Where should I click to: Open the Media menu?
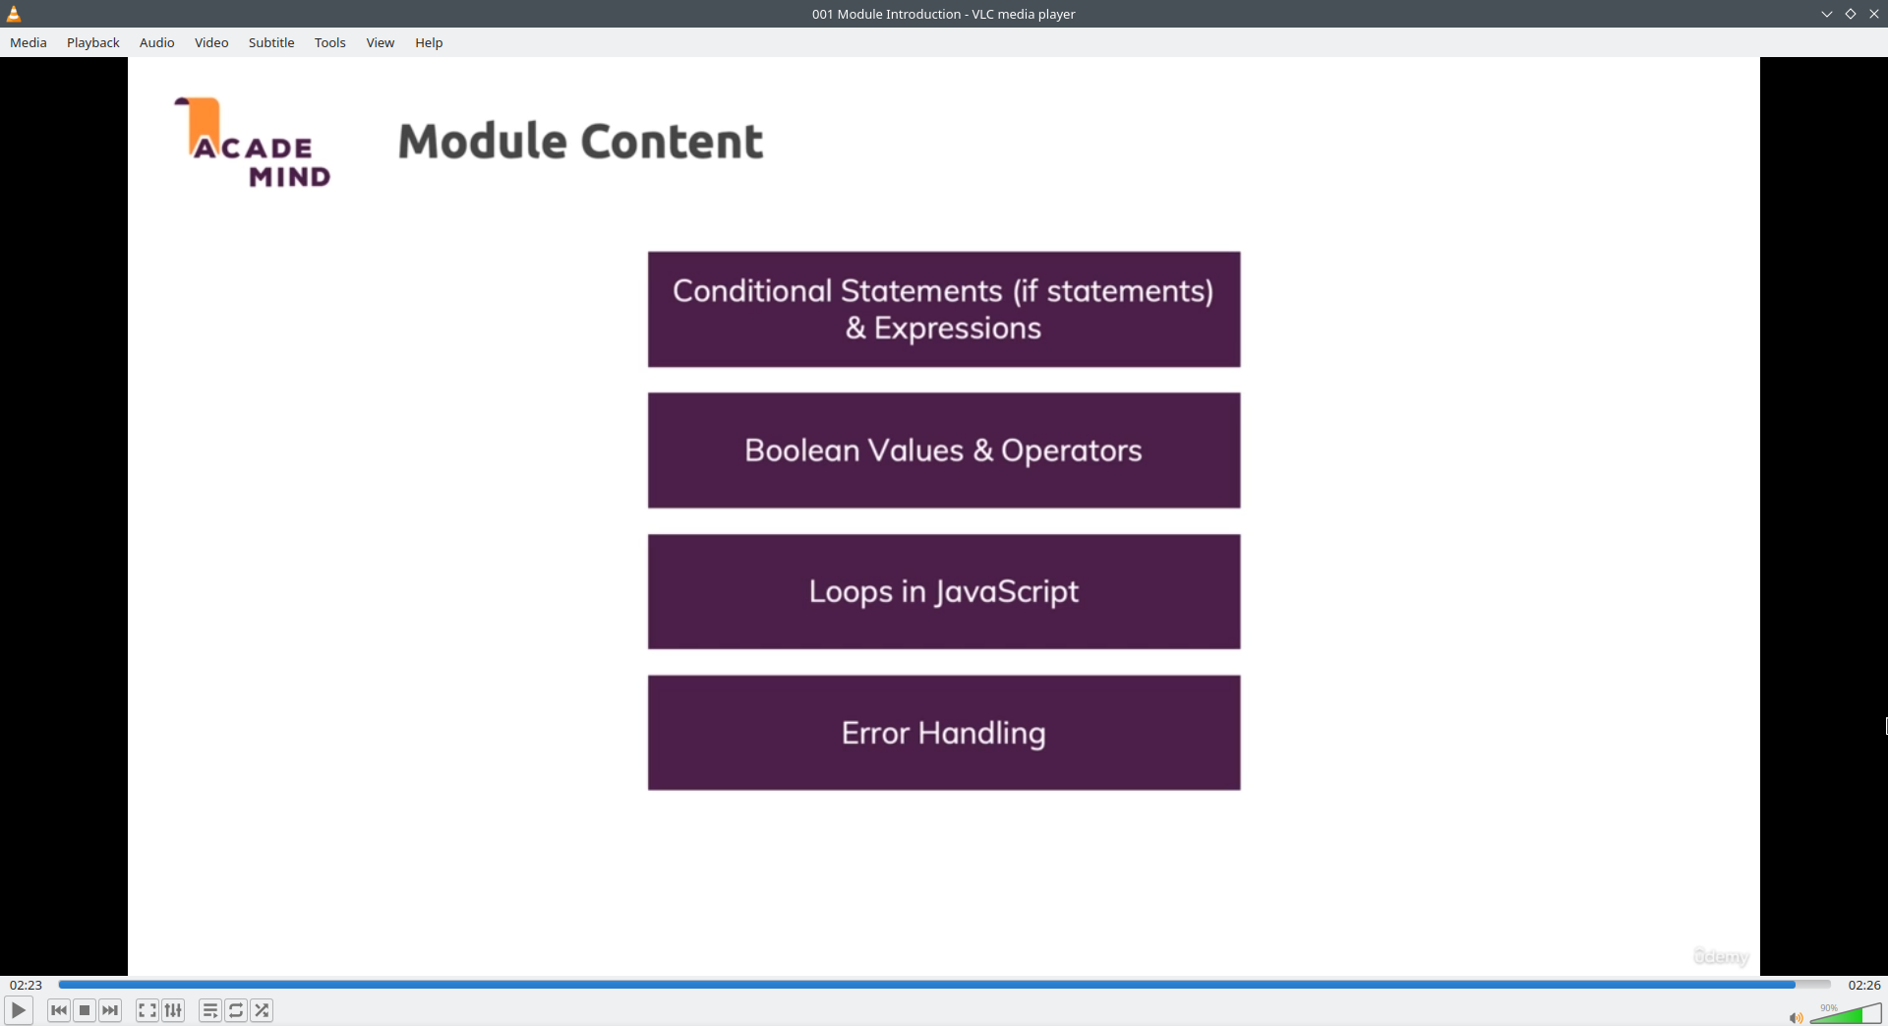tap(29, 42)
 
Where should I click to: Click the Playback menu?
tap(93, 42)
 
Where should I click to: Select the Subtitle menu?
tap(271, 42)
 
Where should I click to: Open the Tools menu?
tap(330, 42)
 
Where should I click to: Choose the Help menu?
tap(429, 42)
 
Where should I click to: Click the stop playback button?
tap(85, 1010)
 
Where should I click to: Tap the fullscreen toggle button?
tap(147, 1010)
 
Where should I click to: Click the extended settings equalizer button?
tap(173, 1010)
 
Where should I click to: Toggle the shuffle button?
tap(262, 1010)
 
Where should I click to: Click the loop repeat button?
tap(236, 1010)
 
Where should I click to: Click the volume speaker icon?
tap(1796, 1017)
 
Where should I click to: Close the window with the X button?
tap(1874, 14)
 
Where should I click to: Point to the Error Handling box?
tap(944, 733)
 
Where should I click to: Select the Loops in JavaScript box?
tap(944, 591)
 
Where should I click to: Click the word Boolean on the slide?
tap(801, 451)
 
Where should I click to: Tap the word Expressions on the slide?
tap(958, 329)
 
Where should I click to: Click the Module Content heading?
tap(580, 142)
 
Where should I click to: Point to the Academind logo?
tap(253, 143)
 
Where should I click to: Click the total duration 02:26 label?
tap(1864, 985)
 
